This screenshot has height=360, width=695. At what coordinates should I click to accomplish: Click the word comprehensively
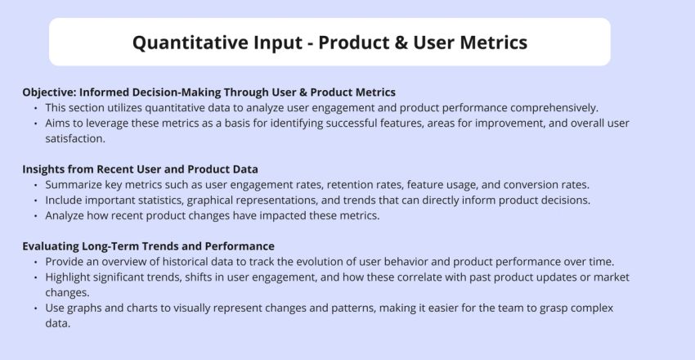click(x=554, y=108)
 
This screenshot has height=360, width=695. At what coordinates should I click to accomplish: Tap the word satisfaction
click(x=75, y=138)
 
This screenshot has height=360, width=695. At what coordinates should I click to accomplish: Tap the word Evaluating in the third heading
click(x=51, y=246)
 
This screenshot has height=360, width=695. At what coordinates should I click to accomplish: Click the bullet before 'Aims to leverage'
click(x=36, y=124)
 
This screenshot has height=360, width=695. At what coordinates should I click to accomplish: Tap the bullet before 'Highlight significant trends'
click(x=36, y=278)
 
